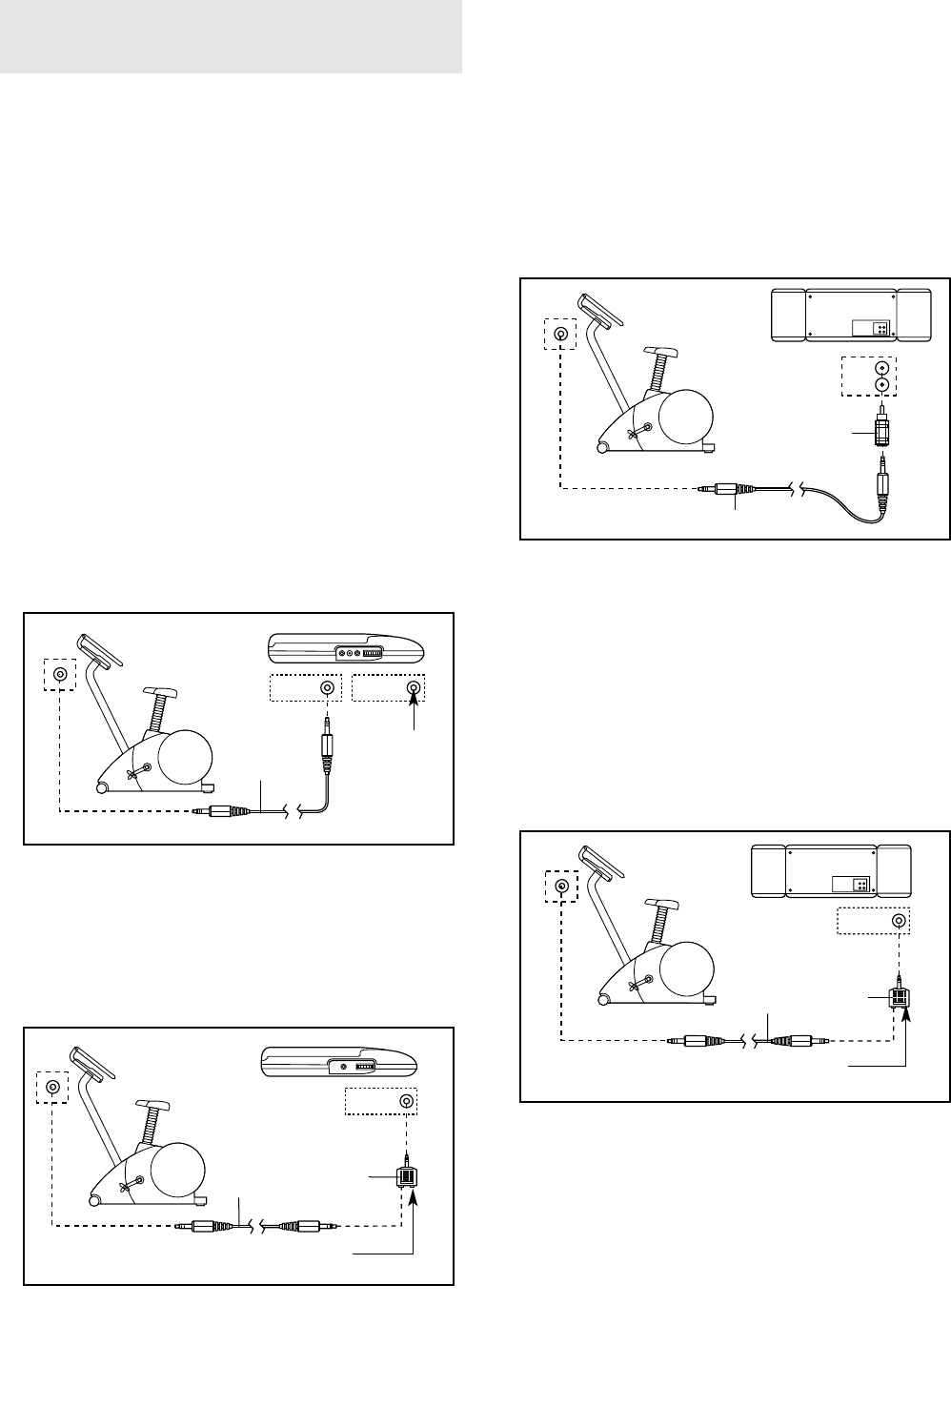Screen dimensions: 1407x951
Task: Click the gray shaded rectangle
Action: tap(231, 36)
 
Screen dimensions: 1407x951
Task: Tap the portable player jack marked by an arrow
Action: tap(413, 687)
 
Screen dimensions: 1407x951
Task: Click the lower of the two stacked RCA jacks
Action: tap(882, 385)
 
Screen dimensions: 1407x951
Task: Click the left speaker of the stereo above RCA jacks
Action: tap(787, 315)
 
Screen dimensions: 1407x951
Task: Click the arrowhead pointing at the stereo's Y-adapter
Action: tap(904, 1018)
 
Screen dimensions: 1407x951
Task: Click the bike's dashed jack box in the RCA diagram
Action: tap(559, 335)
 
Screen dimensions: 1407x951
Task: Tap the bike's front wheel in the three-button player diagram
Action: tap(101, 786)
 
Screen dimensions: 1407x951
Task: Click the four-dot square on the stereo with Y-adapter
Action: tap(860, 885)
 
